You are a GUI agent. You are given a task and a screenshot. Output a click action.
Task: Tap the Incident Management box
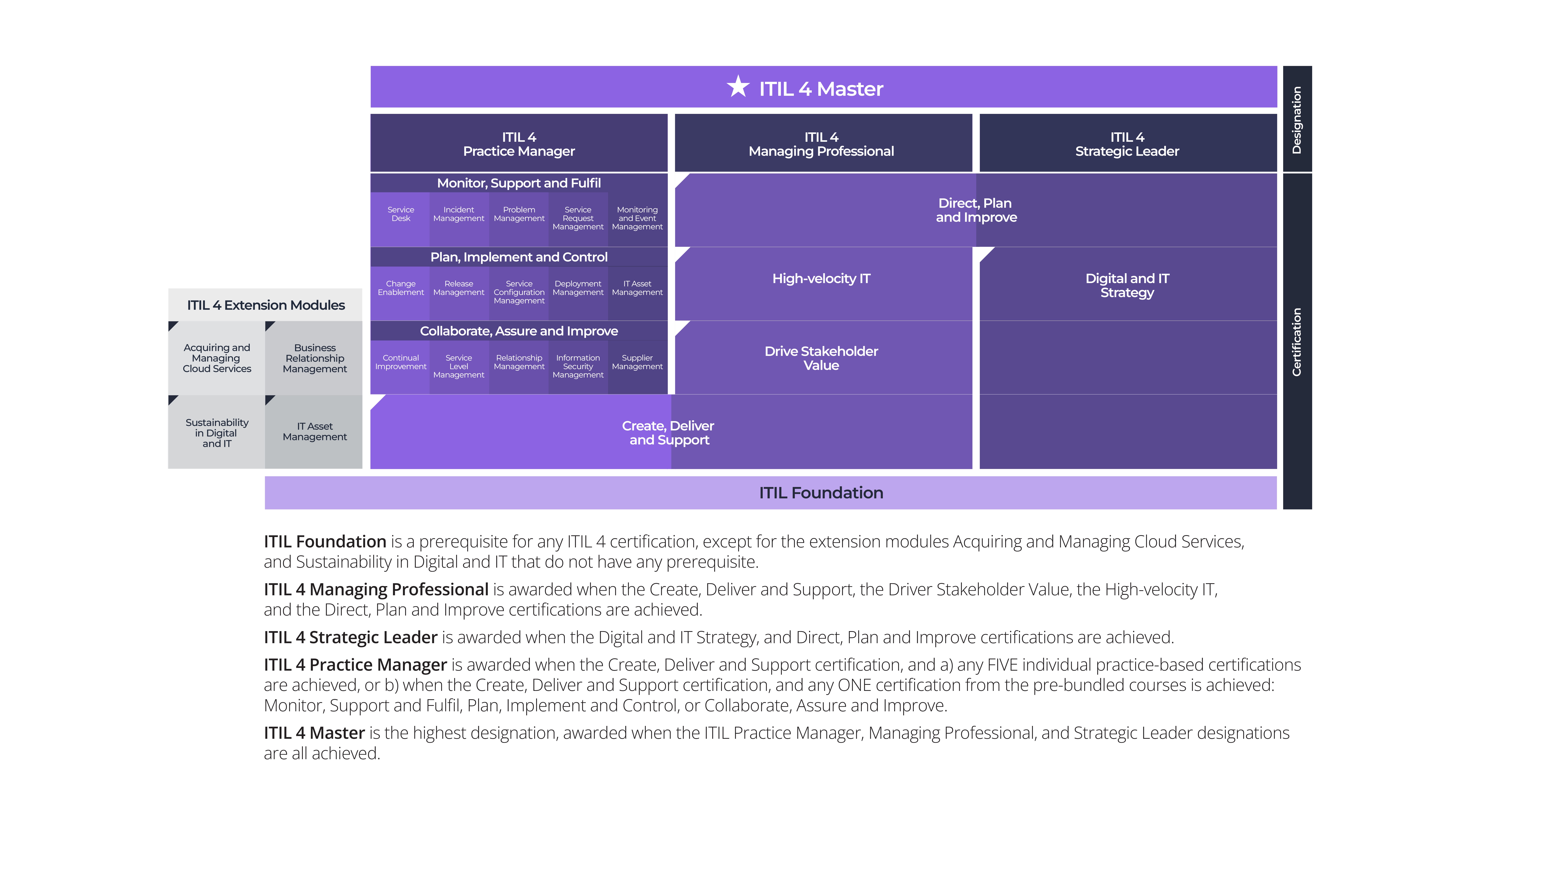pyautogui.click(x=459, y=219)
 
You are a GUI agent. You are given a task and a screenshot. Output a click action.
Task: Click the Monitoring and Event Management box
pyautogui.click(x=638, y=219)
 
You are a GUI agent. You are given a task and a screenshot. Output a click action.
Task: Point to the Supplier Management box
pyautogui.click(x=638, y=367)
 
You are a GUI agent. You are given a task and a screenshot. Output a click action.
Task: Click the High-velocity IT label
pyautogui.click(x=821, y=279)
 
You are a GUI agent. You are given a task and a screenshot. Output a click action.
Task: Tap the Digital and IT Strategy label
pyautogui.click(x=1127, y=285)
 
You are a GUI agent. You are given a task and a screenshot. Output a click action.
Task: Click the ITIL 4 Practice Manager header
pyautogui.click(x=519, y=143)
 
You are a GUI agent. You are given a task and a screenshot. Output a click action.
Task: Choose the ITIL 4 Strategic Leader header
pyautogui.click(x=1128, y=143)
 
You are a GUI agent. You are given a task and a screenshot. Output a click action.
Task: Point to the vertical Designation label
pyautogui.click(x=1297, y=120)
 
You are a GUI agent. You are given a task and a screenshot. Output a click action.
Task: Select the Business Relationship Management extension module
pyautogui.click(x=314, y=358)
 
